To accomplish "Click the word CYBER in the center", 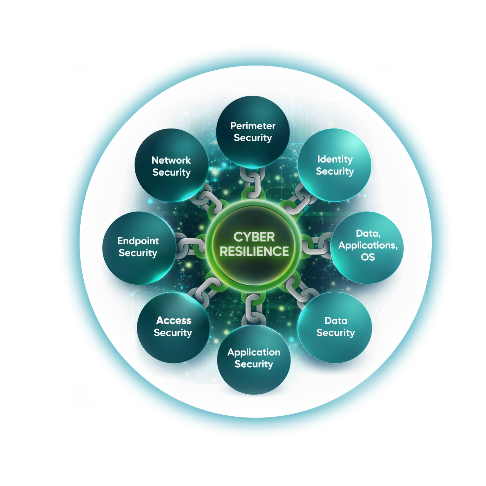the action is click(254, 237).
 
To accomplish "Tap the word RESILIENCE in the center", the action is click(254, 252).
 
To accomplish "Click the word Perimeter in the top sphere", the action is click(253, 126).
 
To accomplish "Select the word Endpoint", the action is click(138, 241).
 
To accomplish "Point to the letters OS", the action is click(368, 257).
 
